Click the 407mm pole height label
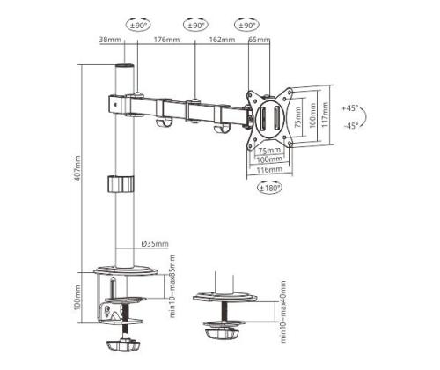tap(78, 166)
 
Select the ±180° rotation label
tap(268, 188)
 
